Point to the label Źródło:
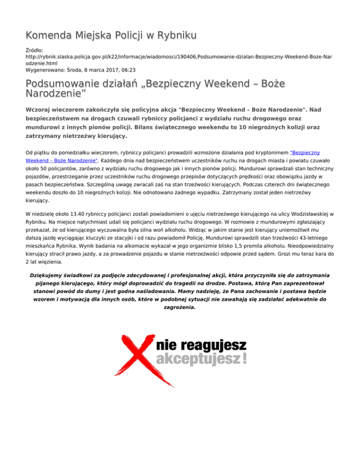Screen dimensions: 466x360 35,49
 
